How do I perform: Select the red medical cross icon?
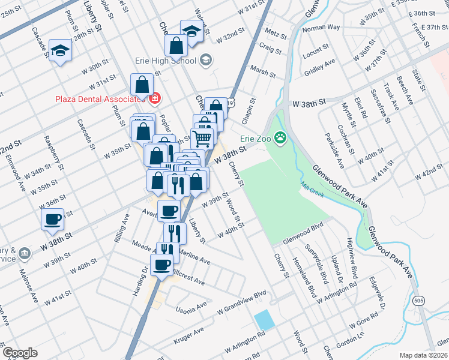click(154, 98)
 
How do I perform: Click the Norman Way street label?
click(321, 28)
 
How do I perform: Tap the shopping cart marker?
click(203, 138)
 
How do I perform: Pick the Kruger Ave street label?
click(190, 337)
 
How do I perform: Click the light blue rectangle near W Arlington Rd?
click(264, 320)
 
